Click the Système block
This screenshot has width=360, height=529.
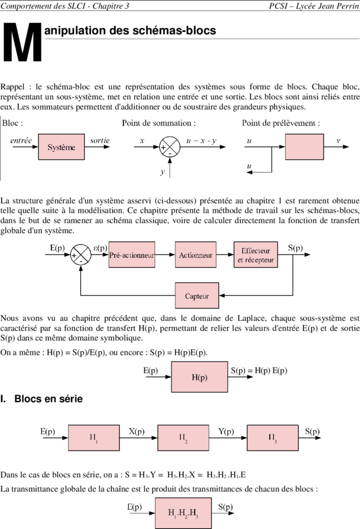[x=61, y=147]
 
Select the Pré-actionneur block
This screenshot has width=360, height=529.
[x=132, y=255]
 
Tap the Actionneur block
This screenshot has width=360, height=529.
[x=196, y=255]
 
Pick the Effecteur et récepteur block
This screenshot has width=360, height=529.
[x=256, y=255]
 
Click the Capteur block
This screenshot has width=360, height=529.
[x=197, y=295]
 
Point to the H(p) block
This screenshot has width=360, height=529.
[x=200, y=377]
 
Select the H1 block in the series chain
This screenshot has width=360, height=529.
[x=94, y=438]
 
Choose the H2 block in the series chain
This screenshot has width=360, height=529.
[x=183, y=438]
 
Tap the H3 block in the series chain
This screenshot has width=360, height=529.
[x=273, y=438]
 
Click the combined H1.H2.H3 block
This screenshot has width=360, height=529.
[x=183, y=513]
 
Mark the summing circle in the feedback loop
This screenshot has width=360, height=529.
[x=81, y=255]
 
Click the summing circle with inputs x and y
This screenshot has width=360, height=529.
[x=170, y=147]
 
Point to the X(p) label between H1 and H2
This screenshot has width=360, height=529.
[x=137, y=432]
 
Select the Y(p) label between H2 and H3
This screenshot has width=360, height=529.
[x=226, y=432]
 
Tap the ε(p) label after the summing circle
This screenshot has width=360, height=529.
[x=100, y=248]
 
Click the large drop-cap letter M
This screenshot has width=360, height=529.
[x=22, y=42]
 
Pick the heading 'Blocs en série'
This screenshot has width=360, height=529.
[x=48, y=399]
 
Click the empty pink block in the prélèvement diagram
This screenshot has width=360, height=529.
[x=305, y=147]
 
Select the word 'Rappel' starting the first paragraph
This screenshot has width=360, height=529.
[x=13, y=87]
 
